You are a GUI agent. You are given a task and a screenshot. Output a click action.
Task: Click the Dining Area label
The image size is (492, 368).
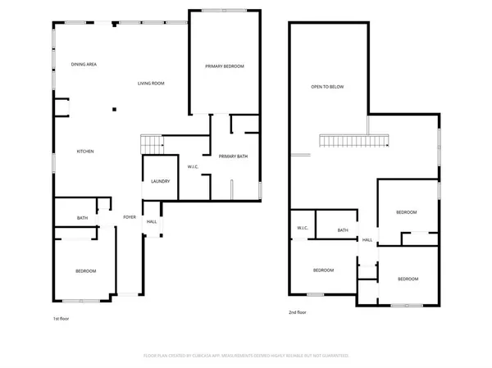[84, 64]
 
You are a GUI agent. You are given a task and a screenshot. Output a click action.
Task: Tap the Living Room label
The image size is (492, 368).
[151, 83]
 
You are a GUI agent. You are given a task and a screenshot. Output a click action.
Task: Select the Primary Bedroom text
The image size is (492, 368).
[224, 66]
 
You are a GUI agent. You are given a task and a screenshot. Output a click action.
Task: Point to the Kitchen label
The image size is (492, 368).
[85, 152]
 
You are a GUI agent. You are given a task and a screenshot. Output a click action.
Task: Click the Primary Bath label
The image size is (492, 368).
[232, 157]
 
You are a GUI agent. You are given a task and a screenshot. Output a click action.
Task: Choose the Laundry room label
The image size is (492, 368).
[160, 181]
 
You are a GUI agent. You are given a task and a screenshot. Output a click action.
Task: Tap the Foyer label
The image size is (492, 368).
[130, 217]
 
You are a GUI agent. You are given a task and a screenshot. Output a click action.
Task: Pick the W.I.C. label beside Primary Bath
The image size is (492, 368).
[194, 167]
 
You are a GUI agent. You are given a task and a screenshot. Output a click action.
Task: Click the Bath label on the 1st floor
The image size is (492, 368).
[83, 218]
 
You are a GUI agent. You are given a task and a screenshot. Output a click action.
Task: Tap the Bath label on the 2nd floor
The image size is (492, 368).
[342, 230]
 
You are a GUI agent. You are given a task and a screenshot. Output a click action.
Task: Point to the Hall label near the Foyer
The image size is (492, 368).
[152, 222]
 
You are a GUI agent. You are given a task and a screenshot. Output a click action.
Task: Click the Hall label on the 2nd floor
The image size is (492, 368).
[367, 240]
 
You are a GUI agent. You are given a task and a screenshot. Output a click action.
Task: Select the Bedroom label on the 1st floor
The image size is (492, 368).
[86, 271]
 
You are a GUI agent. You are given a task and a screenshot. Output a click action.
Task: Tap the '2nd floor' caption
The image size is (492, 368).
[298, 312]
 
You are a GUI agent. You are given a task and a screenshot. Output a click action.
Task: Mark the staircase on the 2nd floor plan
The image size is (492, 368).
[353, 143]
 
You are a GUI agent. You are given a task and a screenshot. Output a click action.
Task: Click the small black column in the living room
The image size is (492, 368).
[114, 109]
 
